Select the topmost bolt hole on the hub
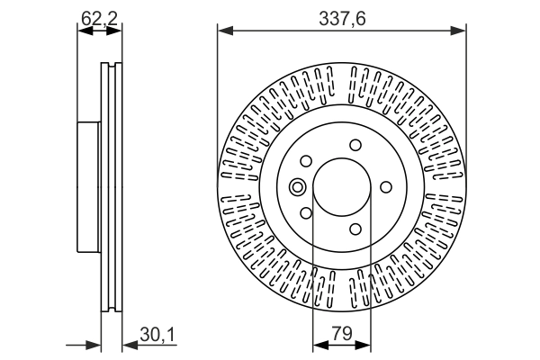(355, 145)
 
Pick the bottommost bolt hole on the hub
(355, 229)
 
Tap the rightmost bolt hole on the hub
(386, 186)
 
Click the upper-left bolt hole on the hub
(306, 161)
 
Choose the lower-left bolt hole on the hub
(306, 213)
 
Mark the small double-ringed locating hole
(298, 187)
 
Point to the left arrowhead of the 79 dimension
(318, 344)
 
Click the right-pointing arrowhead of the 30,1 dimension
(94, 344)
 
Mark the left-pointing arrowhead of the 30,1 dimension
(127, 344)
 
